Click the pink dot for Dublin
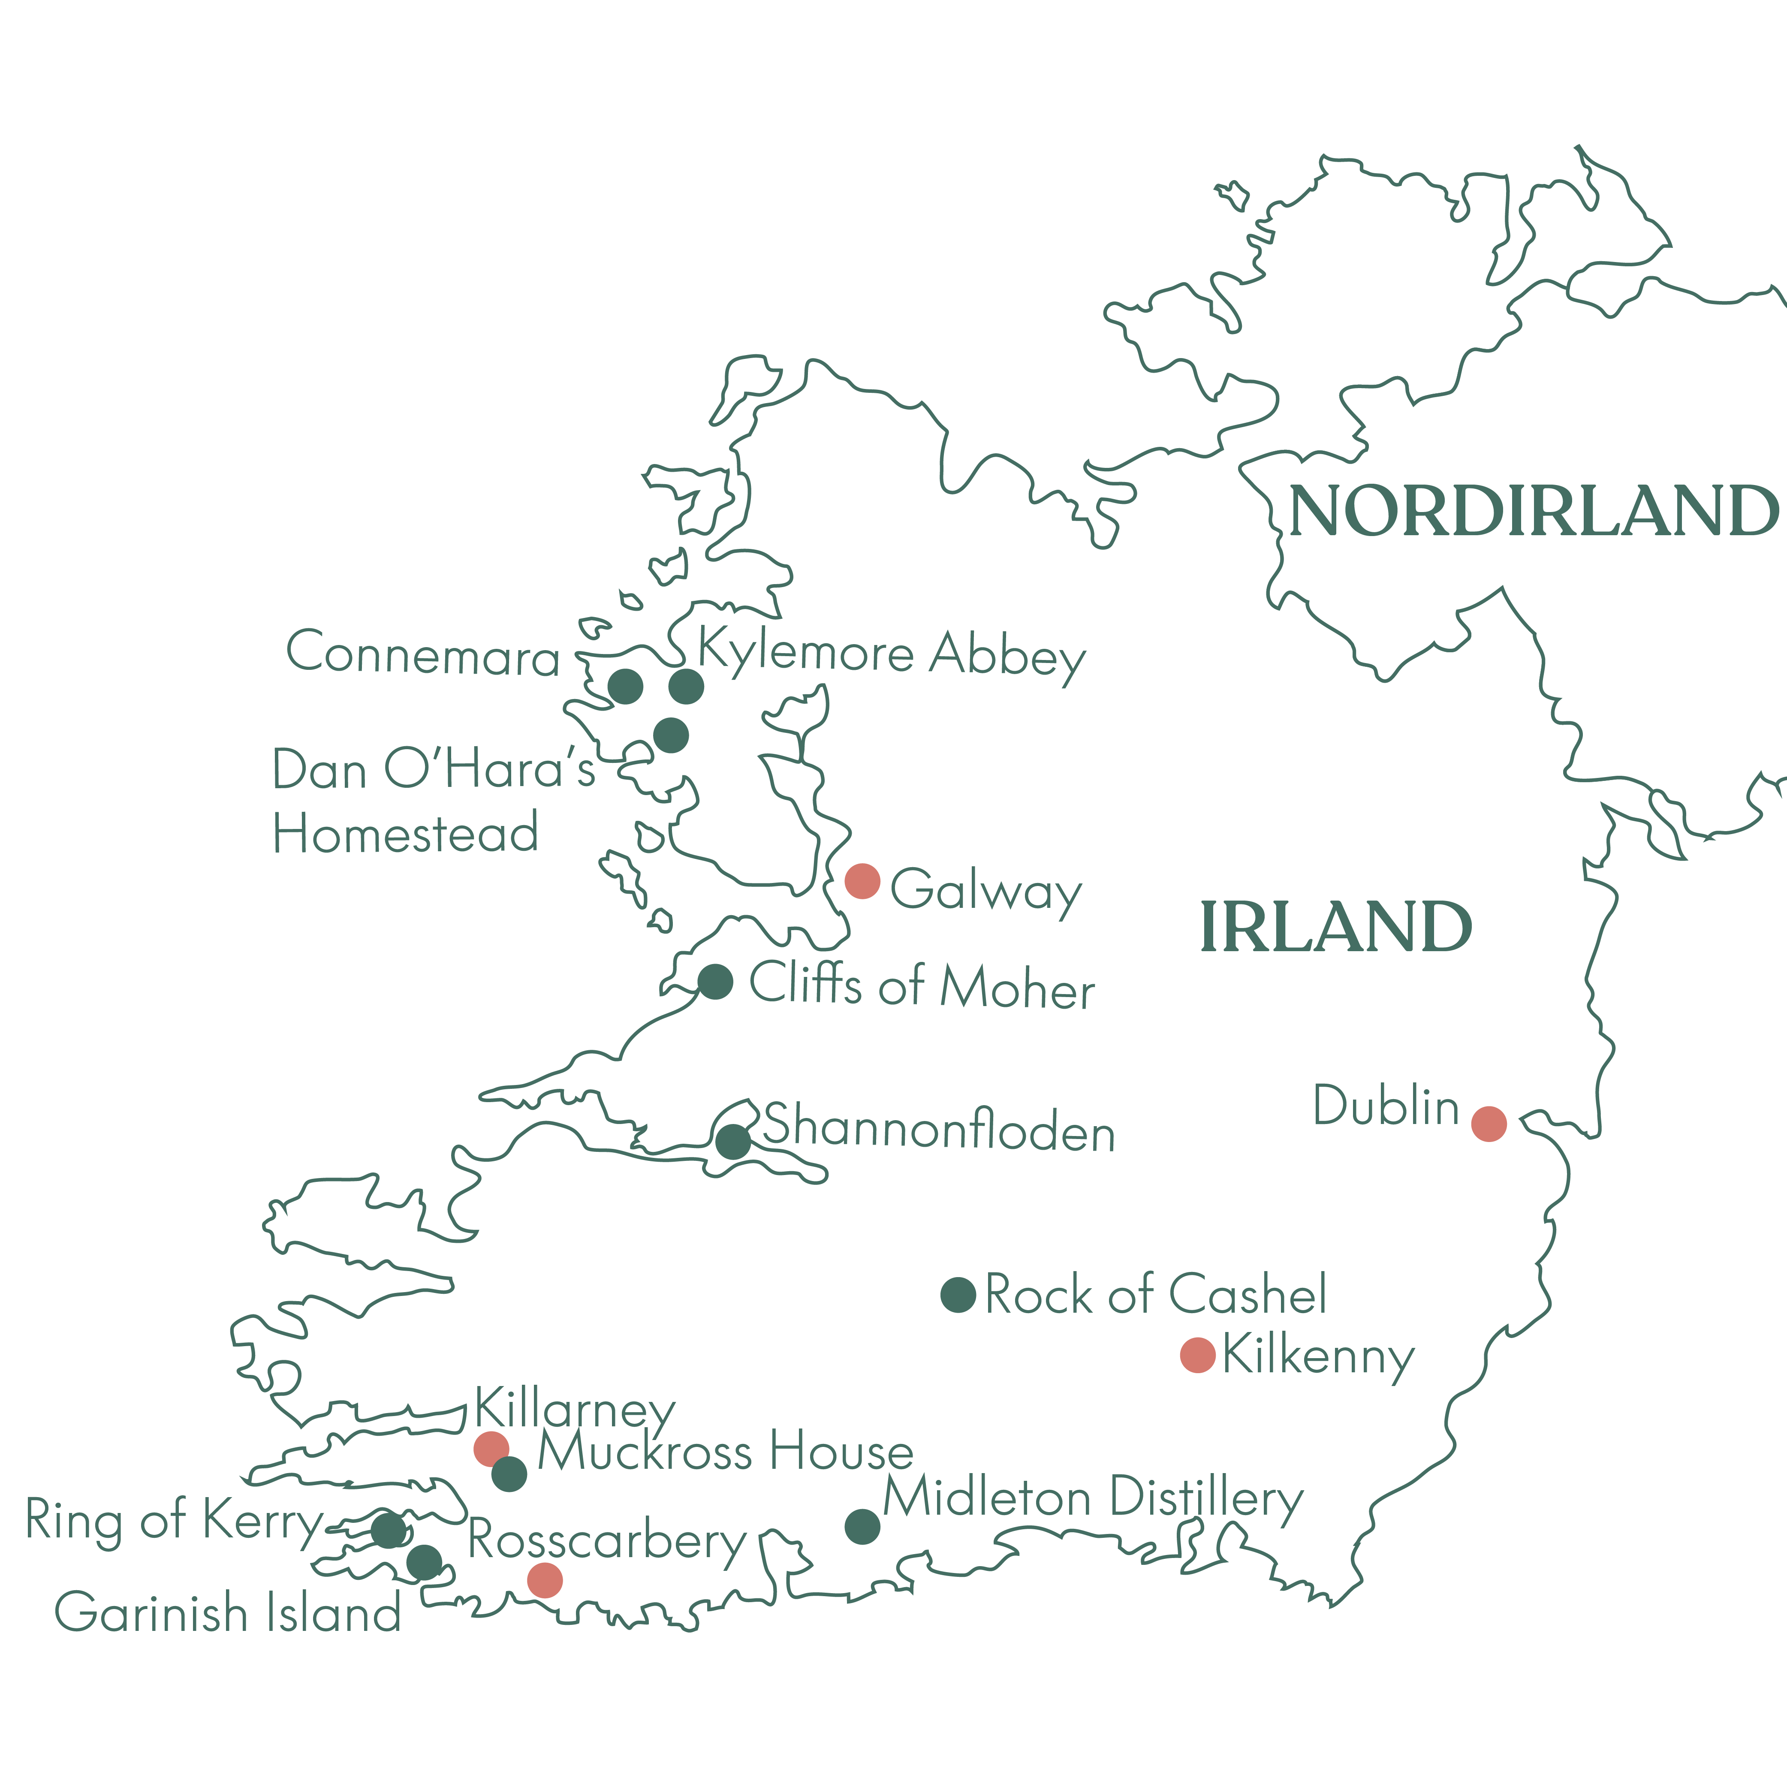pos(1488,1124)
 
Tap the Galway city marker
pos(862,881)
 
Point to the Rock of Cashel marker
pos(958,1295)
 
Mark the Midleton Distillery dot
pos(862,1527)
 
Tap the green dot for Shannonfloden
pos(732,1142)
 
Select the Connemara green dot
pos(625,686)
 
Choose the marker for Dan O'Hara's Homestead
pos(671,735)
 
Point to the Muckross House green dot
pos(509,1474)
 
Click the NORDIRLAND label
pos(1533,511)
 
